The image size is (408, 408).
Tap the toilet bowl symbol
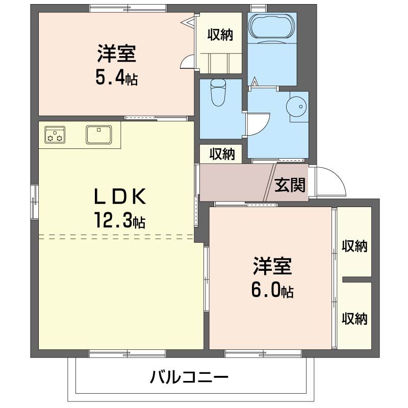click(219, 93)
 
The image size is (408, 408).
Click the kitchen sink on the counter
click(98, 135)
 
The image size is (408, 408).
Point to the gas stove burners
click(54, 135)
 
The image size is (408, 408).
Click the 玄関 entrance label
click(290, 185)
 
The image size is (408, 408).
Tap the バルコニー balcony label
click(189, 378)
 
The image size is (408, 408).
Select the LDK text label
click(120, 196)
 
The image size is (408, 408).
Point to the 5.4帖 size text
click(116, 78)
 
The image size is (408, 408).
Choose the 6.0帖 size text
click(272, 290)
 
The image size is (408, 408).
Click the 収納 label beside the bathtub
click(220, 35)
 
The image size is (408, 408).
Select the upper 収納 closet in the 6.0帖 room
click(354, 246)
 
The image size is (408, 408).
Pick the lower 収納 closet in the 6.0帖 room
click(354, 319)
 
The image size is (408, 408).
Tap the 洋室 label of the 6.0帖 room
click(272, 266)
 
